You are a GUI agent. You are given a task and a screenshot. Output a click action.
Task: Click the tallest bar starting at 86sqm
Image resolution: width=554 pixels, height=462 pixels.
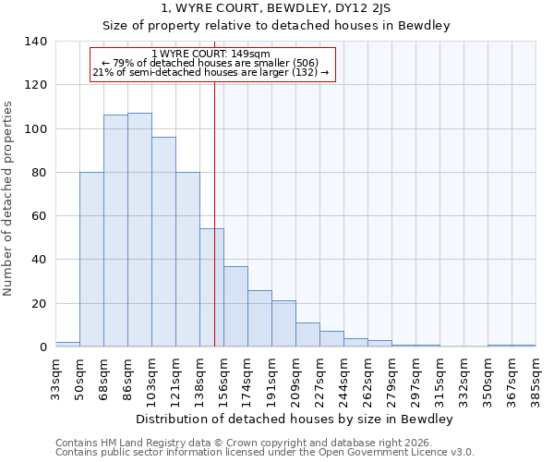[139, 230]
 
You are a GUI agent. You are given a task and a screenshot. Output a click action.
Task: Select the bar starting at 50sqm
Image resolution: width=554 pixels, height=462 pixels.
[91, 260]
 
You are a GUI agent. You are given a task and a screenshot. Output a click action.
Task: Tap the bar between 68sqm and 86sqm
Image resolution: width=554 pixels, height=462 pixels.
[115, 231]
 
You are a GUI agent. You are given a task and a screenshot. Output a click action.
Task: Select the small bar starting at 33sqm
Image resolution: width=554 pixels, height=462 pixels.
[67, 344]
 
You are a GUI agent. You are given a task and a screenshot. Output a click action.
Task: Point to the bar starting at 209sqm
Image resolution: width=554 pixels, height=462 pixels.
[307, 335]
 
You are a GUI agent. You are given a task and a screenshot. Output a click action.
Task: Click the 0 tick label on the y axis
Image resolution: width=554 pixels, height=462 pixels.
[42, 347]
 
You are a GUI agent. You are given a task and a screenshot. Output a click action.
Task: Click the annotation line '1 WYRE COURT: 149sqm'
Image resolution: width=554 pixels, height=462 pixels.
[211, 55]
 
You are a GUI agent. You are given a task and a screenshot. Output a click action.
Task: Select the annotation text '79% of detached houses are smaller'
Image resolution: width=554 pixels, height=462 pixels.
[211, 63]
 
